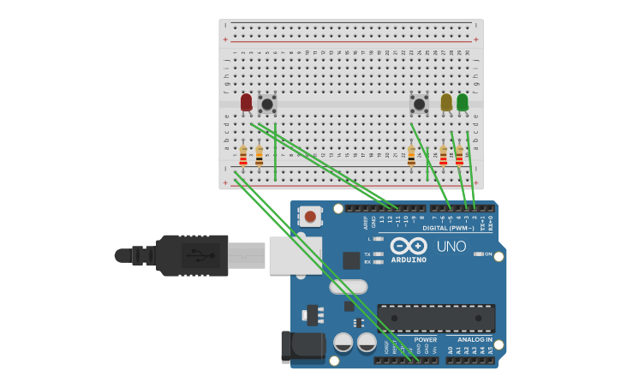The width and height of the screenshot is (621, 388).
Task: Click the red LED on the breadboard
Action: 247,103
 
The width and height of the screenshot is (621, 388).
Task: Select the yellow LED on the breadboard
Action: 446,103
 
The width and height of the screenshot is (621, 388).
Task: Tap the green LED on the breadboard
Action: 463,103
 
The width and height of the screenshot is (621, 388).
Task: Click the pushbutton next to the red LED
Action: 267,104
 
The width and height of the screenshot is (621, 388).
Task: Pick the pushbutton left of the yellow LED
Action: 419,104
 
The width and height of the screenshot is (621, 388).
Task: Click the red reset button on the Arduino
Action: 310,217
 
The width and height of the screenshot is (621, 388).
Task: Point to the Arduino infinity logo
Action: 409,247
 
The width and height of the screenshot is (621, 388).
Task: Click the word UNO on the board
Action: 451,247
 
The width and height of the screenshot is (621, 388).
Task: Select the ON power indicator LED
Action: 478,254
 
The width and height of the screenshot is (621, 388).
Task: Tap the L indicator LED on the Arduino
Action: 378,239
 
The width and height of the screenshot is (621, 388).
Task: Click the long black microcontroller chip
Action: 436,318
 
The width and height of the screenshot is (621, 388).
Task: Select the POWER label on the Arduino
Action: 426,339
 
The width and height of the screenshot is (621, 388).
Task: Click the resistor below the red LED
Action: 243,157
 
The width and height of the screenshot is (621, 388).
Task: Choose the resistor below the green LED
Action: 459,156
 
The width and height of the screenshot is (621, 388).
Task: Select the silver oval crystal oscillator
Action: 349,287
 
